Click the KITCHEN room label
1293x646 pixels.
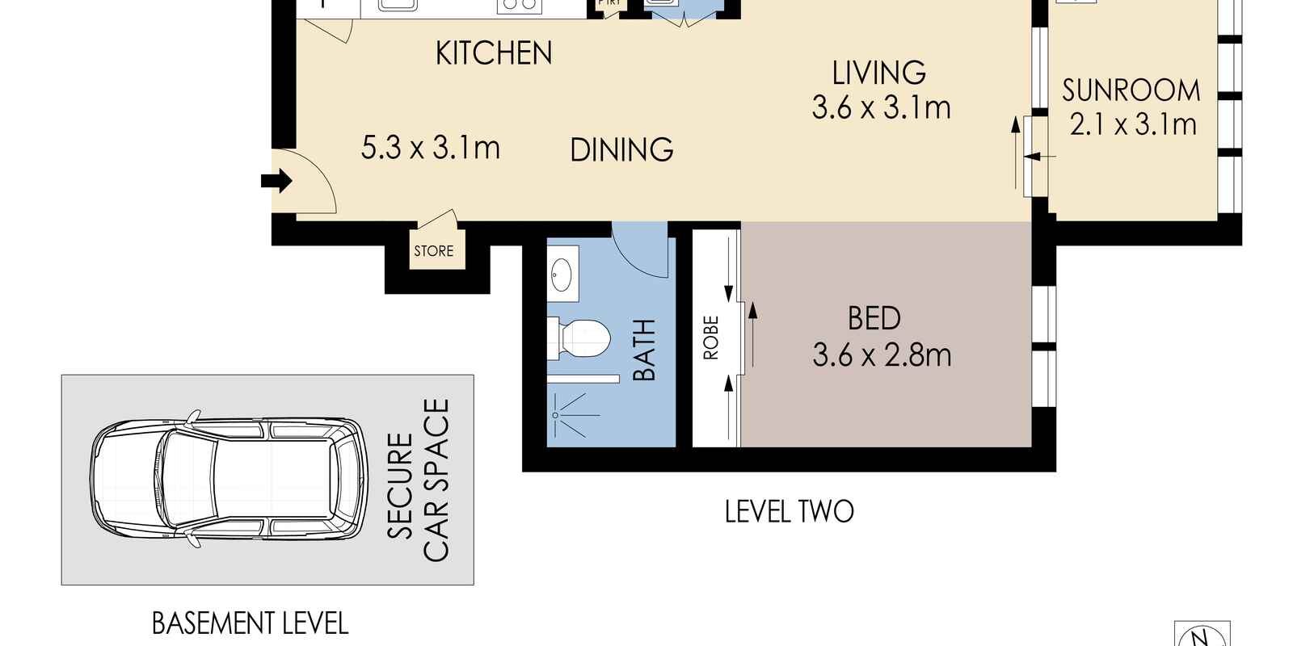click(494, 53)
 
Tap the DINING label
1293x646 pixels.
click(621, 150)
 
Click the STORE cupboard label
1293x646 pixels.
click(433, 251)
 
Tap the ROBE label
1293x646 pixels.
click(711, 338)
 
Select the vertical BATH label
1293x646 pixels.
click(645, 350)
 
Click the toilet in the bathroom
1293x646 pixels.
click(579, 338)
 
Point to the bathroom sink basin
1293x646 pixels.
click(562, 275)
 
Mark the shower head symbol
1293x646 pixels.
click(571, 415)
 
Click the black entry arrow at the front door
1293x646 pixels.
click(276, 181)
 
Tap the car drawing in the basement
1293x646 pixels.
click(230, 479)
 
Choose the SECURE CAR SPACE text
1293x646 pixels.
click(418, 480)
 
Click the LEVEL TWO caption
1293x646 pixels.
click(789, 512)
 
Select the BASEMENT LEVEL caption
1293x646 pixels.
click(250, 623)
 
